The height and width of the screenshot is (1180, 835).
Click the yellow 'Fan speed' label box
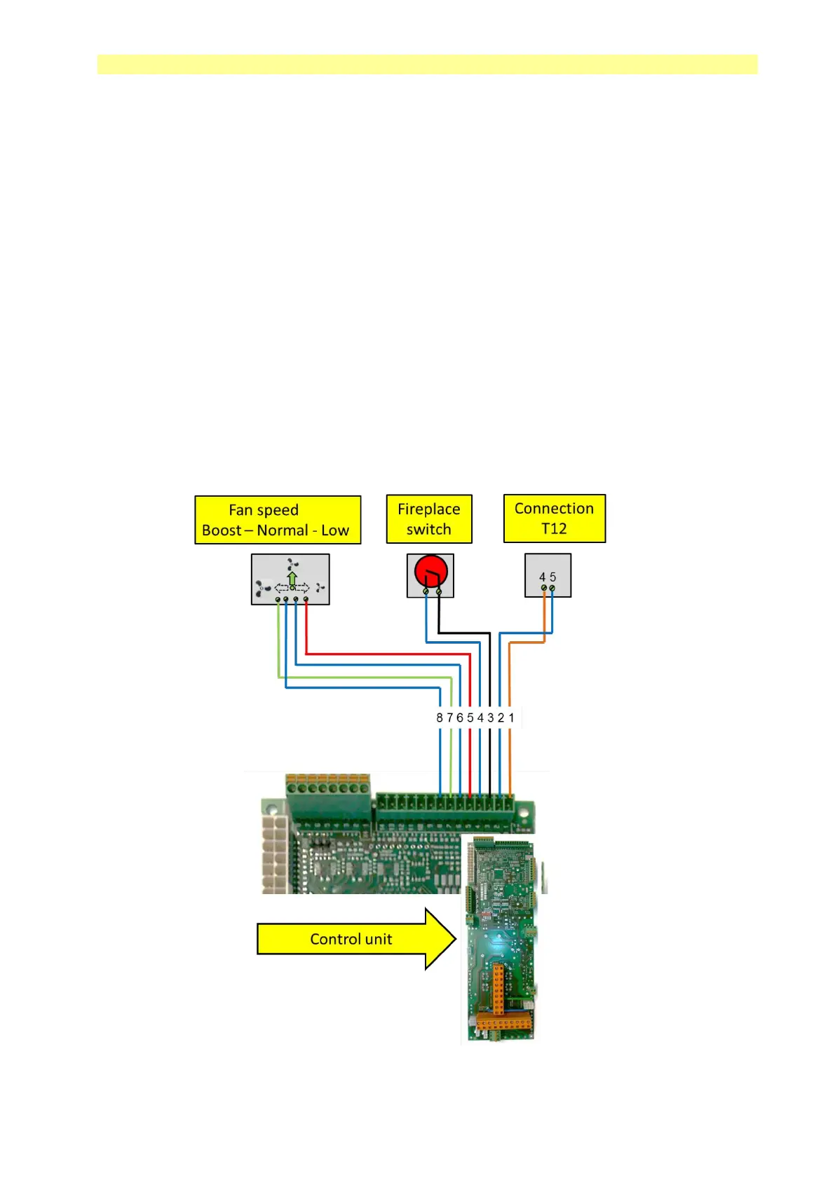pyautogui.click(x=278, y=520)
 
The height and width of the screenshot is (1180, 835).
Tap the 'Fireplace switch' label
pyautogui.click(x=429, y=519)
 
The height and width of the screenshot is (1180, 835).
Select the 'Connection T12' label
pyautogui.click(x=554, y=519)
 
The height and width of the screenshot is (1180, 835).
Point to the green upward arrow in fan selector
pyautogui.click(x=292, y=579)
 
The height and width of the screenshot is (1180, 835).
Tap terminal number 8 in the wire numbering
pyautogui.click(x=440, y=718)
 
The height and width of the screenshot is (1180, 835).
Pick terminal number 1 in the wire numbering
pyautogui.click(x=511, y=718)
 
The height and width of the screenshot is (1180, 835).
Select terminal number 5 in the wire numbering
pyautogui.click(x=470, y=718)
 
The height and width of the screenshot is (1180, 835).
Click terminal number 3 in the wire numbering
pyautogui.click(x=491, y=718)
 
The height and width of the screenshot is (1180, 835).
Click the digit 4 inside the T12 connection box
pyautogui.click(x=543, y=577)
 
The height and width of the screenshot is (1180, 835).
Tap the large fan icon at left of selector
pyautogui.click(x=263, y=589)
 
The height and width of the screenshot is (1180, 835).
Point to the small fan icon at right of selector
pyautogui.click(x=320, y=587)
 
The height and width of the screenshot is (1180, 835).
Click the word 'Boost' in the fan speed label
pyautogui.click(x=221, y=530)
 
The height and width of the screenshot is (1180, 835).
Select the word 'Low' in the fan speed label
pyautogui.click(x=335, y=530)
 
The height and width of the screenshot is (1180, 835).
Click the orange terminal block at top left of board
pyautogui.click(x=327, y=780)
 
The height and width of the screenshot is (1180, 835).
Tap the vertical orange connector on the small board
pyautogui.click(x=498, y=988)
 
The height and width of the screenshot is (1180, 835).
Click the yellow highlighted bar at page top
pyautogui.click(x=427, y=64)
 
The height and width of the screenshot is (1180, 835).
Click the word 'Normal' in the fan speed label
pyautogui.click(x=283, y=530)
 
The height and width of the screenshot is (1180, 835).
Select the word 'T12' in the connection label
pyautogui.click(x=554, y=528)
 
